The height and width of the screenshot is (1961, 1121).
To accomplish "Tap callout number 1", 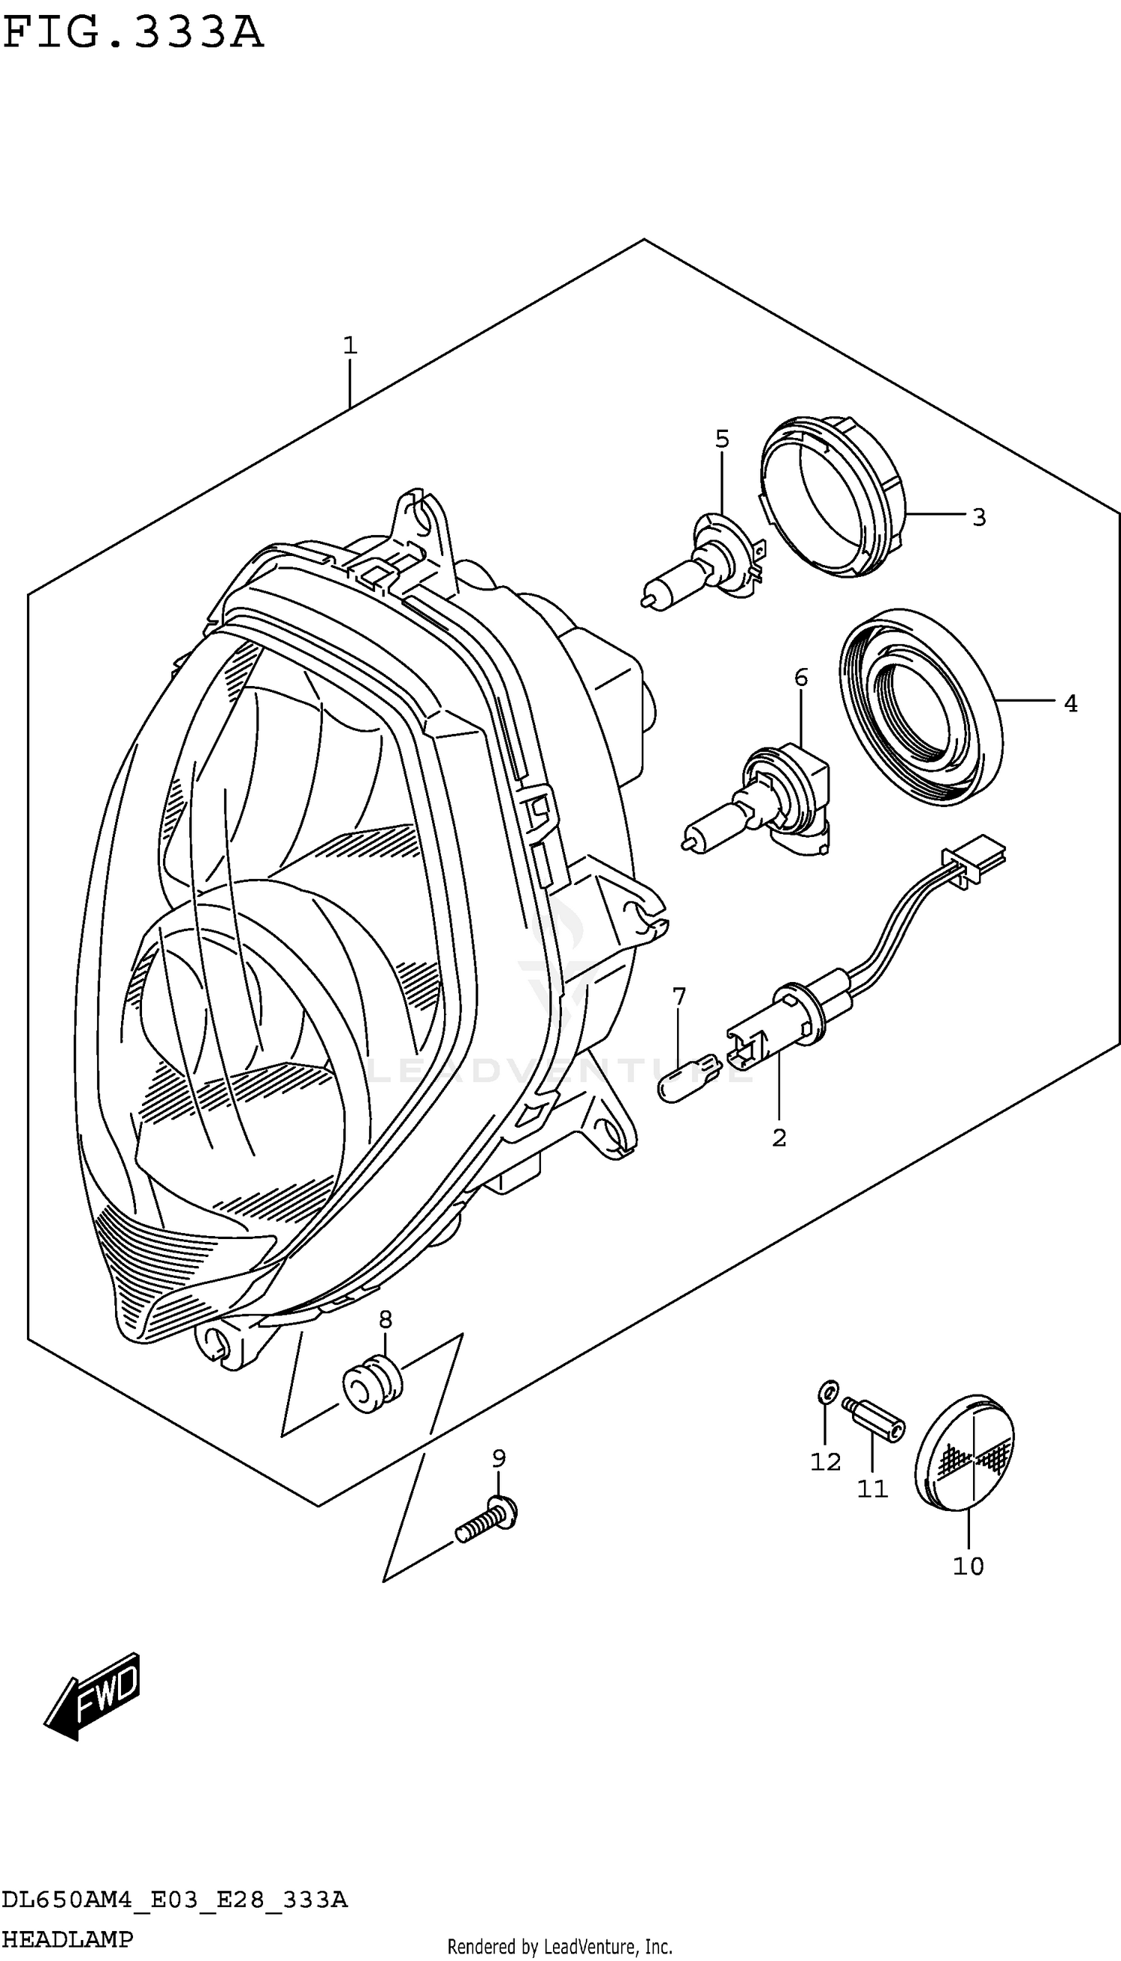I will (350, 346).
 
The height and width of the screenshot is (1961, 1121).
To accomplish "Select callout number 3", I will (978, 517).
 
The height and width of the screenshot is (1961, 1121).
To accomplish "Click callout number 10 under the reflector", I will (968, 1566).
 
